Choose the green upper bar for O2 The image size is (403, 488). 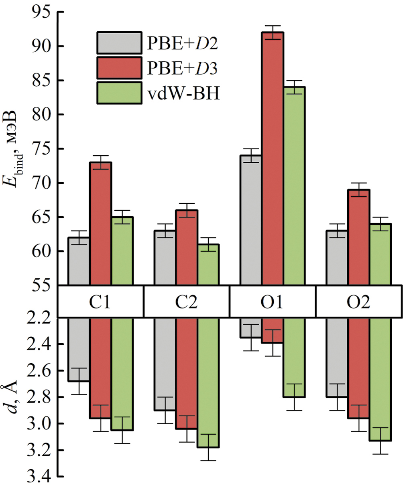point(380,254)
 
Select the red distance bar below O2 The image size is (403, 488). point(358,368)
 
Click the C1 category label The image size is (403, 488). point(100,302)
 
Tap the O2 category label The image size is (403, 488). point(359,302)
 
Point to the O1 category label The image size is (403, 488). point(272,302)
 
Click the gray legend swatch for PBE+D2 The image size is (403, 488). point(119,43)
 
